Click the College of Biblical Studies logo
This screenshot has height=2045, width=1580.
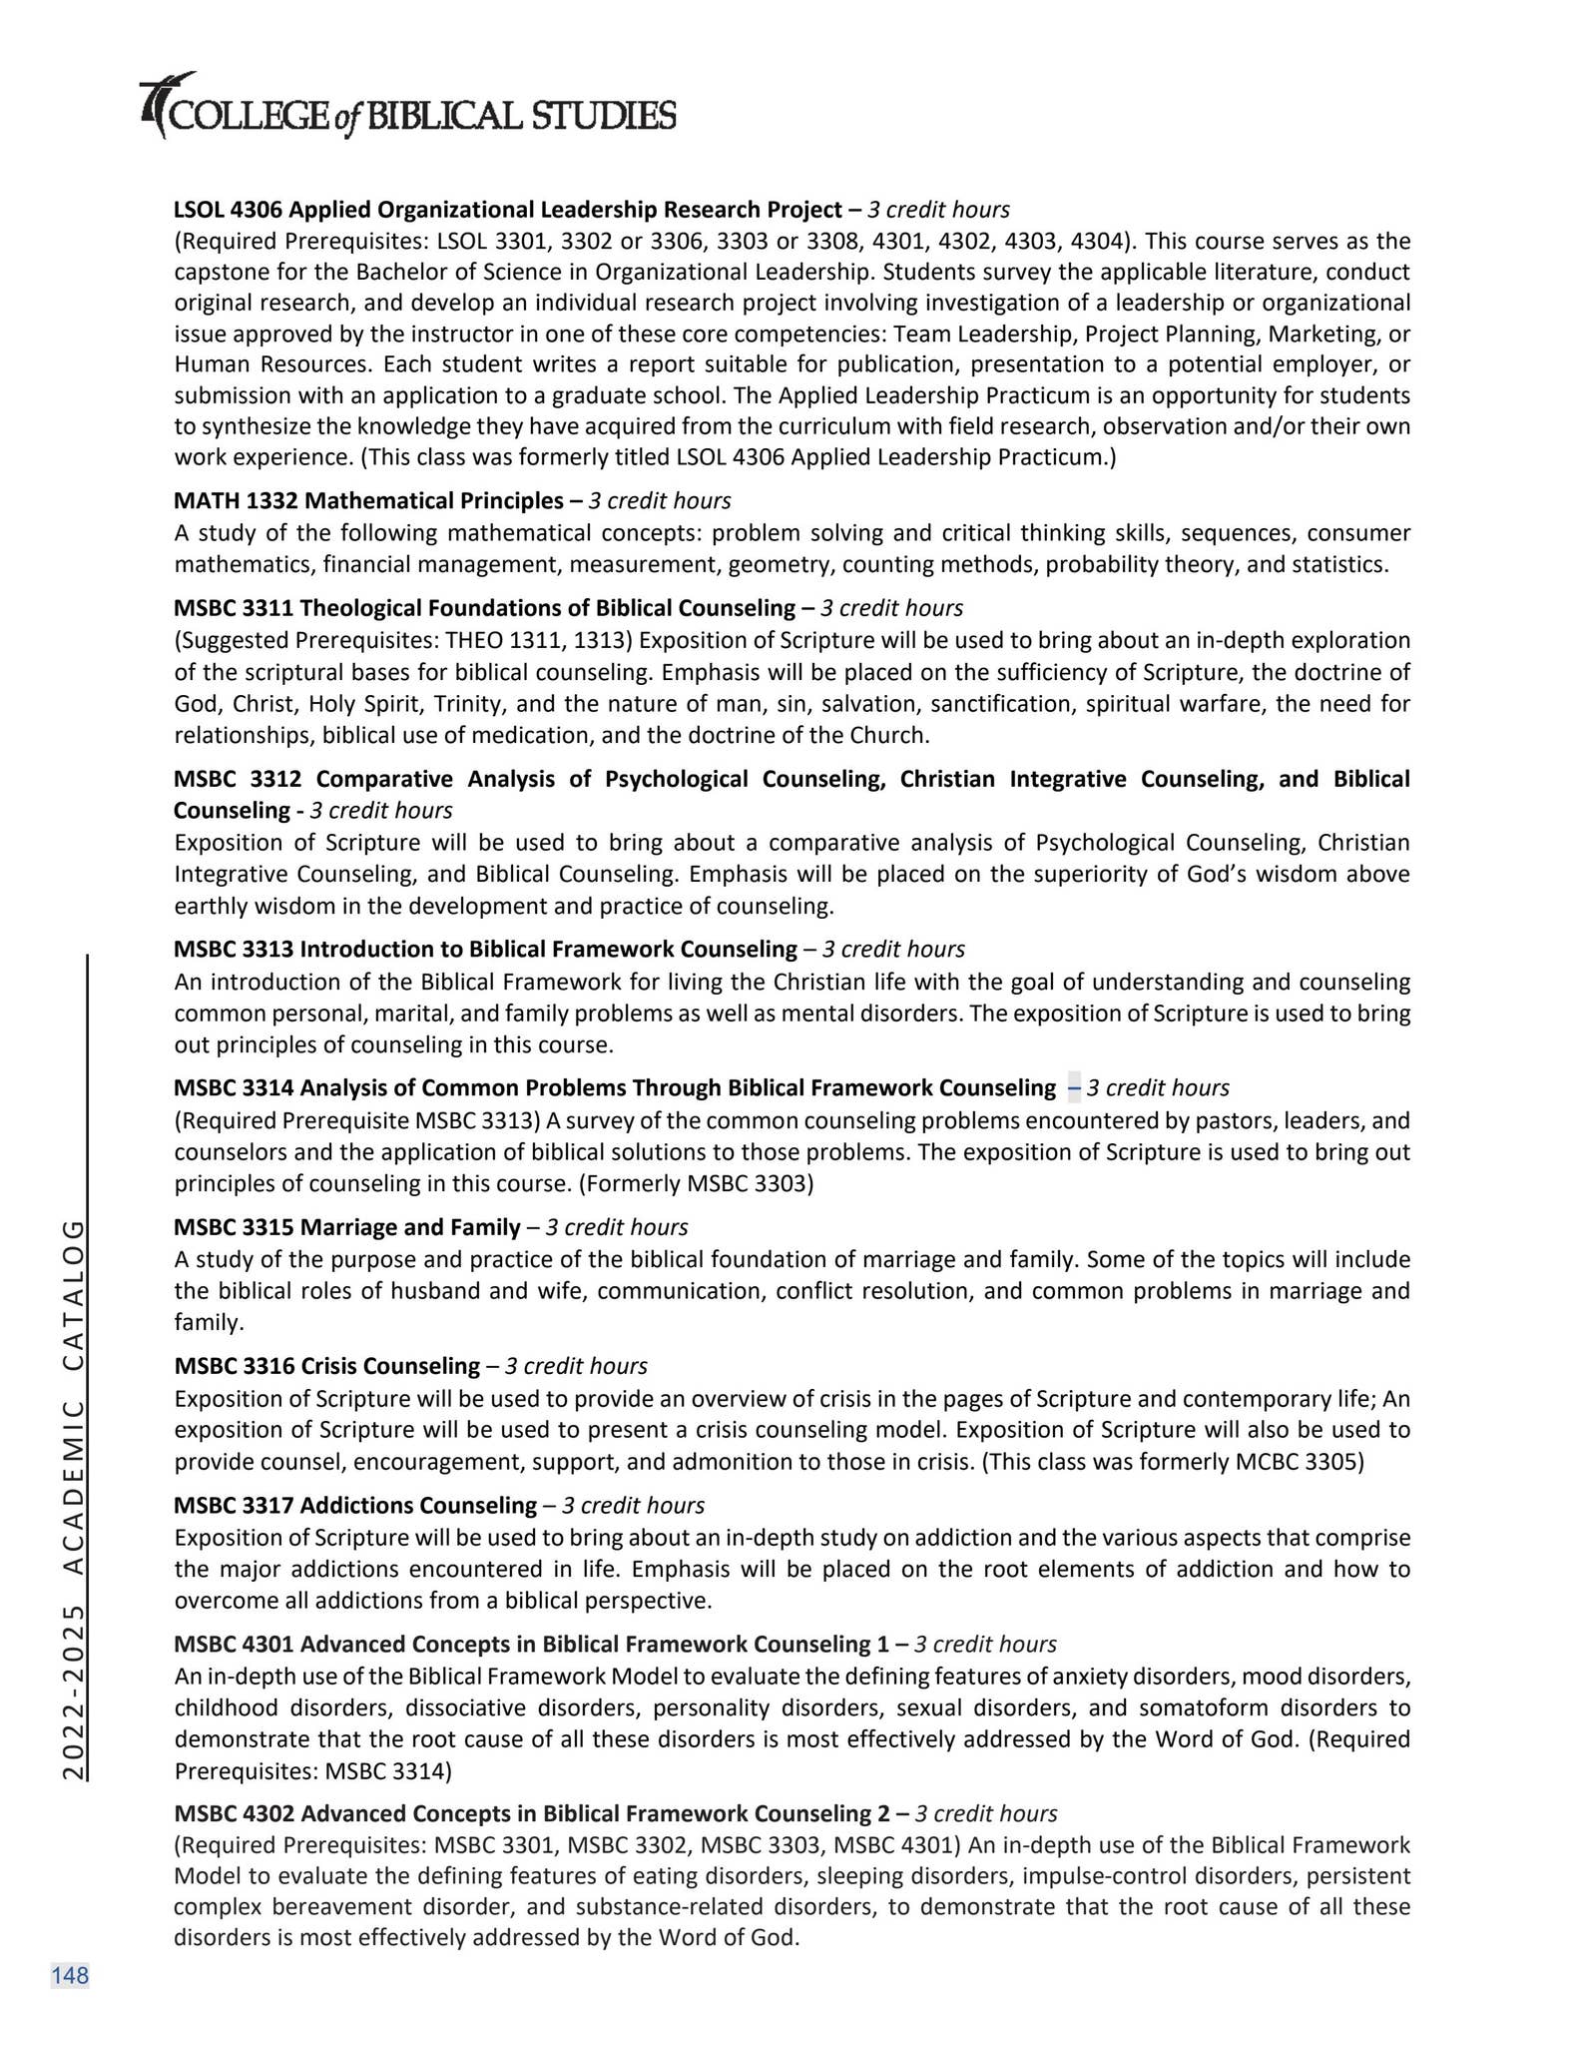pos(408,108)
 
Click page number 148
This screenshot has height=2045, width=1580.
pos(70,1975)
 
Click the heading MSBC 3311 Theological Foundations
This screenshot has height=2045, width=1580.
pos(484,608)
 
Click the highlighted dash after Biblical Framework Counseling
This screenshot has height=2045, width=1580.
pos(1074,1087)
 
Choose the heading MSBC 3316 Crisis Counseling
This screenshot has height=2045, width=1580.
pos(326,1366)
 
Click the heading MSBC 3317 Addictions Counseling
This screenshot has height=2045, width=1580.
pos(354,1505)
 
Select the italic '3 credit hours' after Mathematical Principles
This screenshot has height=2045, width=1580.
pos(659,500)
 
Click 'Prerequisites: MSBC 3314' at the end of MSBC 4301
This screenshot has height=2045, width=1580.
pos(312,1771)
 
